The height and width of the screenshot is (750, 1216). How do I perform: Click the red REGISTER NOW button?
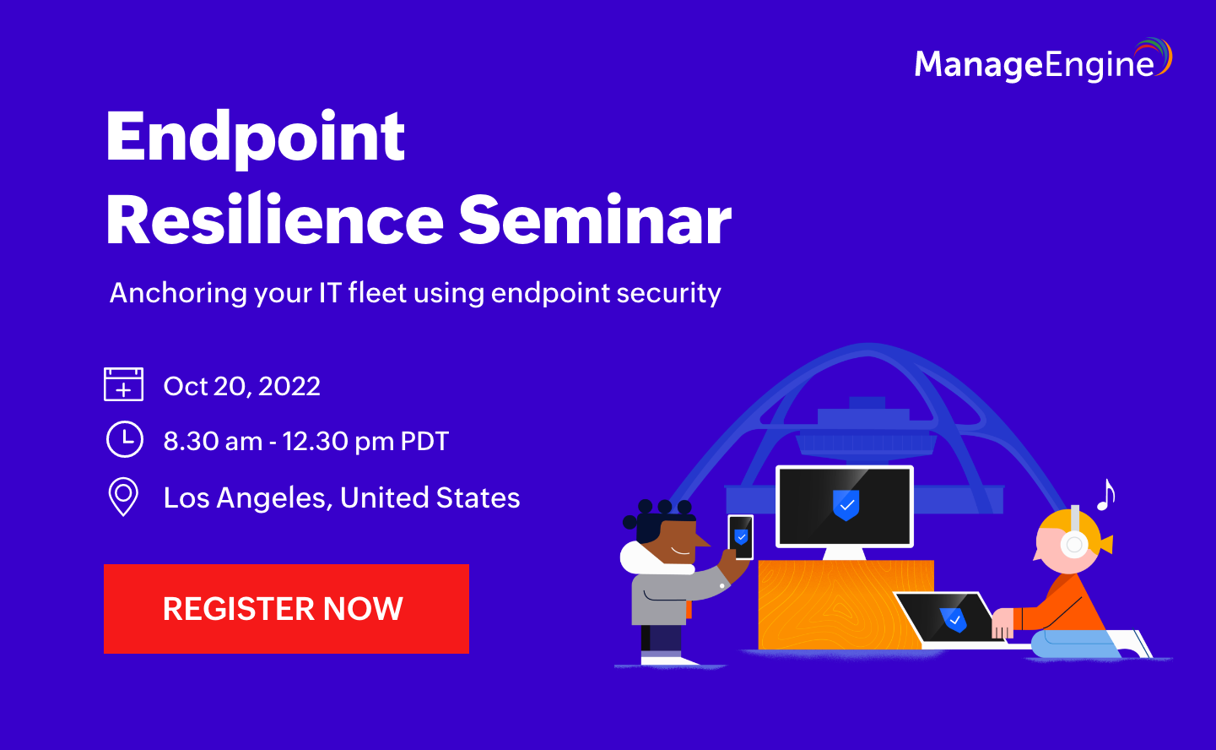tap(286, 608)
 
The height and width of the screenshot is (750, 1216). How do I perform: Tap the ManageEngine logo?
tap(1042, 62)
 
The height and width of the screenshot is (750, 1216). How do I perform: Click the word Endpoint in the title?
tap(255, 137)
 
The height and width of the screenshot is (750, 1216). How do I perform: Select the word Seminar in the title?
tap(595, 221)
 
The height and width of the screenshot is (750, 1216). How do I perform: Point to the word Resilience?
tap(274, 221)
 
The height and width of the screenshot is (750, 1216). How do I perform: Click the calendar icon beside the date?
tap(123, 384)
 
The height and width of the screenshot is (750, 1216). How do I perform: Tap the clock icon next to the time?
tap(124, 440)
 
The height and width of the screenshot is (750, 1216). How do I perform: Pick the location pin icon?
tap(123, 497)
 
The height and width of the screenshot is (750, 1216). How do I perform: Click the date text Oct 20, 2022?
tap(242, 386)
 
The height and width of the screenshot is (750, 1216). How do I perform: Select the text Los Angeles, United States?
tap(342, 497)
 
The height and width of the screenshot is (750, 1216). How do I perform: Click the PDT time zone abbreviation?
tap(424, 441)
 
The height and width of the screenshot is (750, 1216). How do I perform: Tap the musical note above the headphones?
tap(1105, 495)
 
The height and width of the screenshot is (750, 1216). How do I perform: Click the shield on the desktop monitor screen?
tap(846, 504)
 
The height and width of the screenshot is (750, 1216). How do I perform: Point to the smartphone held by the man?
tap(740, 537)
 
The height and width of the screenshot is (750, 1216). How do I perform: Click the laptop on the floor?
tap(949, 619)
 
